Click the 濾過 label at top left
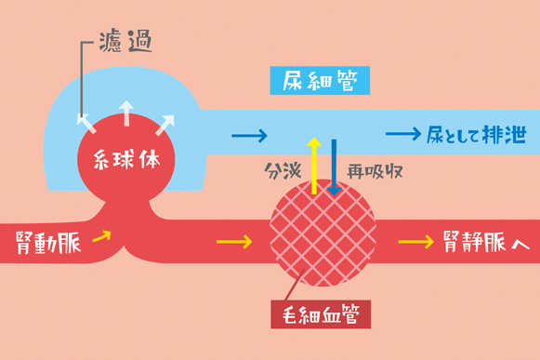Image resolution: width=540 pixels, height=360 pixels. pyautogui.click(x=125, y=41)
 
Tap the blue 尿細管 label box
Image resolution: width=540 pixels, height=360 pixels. pyautogui.click(x=320, y=80)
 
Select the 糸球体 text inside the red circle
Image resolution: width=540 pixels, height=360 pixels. pyautogui.click(x=126, y=159)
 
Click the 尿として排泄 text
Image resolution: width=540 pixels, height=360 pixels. pyautogui.click(x=477, y=134)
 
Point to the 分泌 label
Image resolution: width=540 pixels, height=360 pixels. pyautogui.click(x=283, y=171)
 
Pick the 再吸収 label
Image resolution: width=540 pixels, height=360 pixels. pyautogui.click(x=375, y=171)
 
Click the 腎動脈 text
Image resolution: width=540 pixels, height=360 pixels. pyautogui.click(x=48, y=243)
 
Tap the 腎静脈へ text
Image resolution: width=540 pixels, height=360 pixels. pyautogui.click(x=486, y=242)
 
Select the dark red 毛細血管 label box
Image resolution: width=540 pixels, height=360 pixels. pyautogui.click(x=321, y=314)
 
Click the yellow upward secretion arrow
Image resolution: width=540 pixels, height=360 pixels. pyautogui.click(x=314, y=166)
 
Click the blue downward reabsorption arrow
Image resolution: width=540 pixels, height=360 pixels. pyautogui.click(x=334, y=167)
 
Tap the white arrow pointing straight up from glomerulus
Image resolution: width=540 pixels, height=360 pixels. pyautogui.click(x=126, y=113)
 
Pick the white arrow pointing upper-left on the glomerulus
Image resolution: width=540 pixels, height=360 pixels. pyautogui.click(x=86, y=124)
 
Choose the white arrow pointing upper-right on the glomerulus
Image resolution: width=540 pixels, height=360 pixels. pyautogui.click(x=165, y=126)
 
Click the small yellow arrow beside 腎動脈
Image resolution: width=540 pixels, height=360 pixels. pyautogui.click(x=102, y=236)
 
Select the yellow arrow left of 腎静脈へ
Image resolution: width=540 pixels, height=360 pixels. pyautogui.click(x=416, y=242)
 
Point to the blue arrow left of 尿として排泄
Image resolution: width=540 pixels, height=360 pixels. pyautogui.click(x=403, y=134)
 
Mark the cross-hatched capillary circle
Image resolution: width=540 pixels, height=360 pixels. pyautogui.click(x=323, y=233)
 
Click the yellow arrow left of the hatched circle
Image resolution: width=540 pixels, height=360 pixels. pyautogui.click(x=234, y=242)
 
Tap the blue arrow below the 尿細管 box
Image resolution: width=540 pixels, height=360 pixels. pyautogui.click(x=250, y=136)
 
